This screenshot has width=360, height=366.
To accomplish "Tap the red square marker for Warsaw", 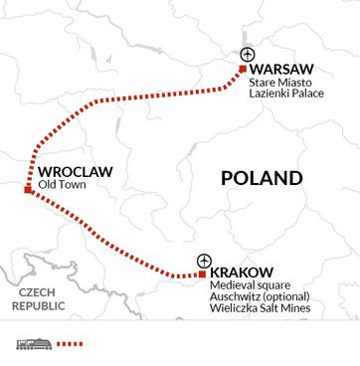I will coord(242,70).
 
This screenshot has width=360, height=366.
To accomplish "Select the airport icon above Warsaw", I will coord(249,54).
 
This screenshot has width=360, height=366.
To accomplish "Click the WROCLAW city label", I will coord(74,172).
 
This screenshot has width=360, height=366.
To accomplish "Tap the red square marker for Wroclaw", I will coord(28,189).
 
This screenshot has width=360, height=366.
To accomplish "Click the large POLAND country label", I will coord(261,179).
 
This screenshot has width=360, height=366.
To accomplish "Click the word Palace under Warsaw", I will coord(311,101).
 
